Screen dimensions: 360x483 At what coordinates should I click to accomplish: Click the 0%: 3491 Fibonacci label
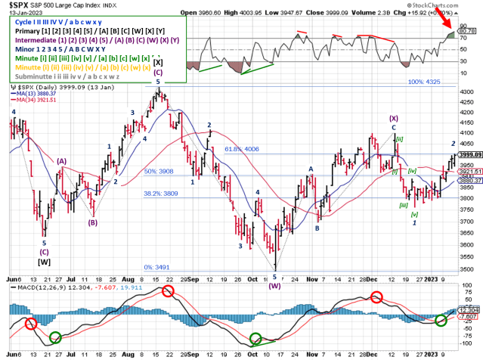pyautogui.click(x=156, y=267)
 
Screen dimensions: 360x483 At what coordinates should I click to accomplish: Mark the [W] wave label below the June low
pyautogui.click(x=44, y=262)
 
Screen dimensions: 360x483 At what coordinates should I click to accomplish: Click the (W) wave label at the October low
pyautogui.click(x=274, y=286)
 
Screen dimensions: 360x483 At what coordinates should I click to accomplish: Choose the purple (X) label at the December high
pyautogui.click(x=394, y=119)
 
